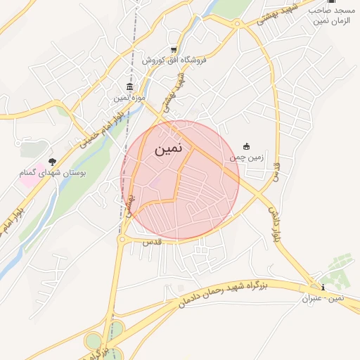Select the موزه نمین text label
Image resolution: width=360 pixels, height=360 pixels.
coord(130,98)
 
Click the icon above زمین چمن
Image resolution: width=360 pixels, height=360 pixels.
coord(246,146)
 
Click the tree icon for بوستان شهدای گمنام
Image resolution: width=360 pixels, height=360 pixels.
coord(51,162)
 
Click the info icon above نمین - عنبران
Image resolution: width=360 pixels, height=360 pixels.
coord(322,287)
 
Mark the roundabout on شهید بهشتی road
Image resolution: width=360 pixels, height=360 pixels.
coord(238,24)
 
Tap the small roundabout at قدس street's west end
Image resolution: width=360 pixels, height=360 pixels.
coord(122,240)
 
